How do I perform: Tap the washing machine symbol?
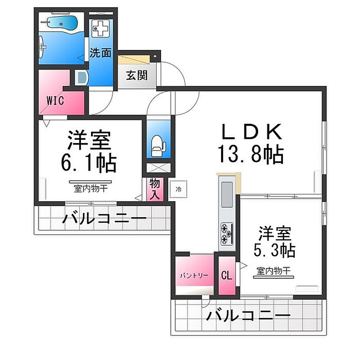pyautogui.click(x=100, y=28)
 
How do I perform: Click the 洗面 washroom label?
pyautogui.click(x=101, y=53)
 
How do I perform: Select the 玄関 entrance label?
pyautogui.click(x=137, y=75)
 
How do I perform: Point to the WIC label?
pyautogui.click(x=55, y=101)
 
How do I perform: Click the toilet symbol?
pyautogui.click(x=158, y=146)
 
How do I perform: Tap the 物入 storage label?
pyautogui.click(x=155, y=189)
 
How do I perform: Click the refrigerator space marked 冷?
pyautogui.click(x=178, y=189)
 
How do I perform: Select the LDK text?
pyautogui.click(x=251, y=132)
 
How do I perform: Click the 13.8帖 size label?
pyautogui.click(x=251, y=154)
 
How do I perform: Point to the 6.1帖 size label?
pyautogui.click(x=89, y=163)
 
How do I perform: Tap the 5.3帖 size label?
pyautogui.click(x=274, y=250)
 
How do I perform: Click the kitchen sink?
pyautogui.click(x=227, y=194)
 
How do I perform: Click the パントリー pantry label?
pyautogui.click(x=194, y=275)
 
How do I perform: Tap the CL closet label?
pyautogui.click(x=227, y=275)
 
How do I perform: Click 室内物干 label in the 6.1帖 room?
pyautogui.click(x=91, y=189)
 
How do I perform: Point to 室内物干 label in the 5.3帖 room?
pyautogui.click(x=274, y=271)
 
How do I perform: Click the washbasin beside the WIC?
pyautogui.click(x=82, y=78)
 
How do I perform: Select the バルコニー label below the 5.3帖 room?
pyautogui.click(x=248, y=315)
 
